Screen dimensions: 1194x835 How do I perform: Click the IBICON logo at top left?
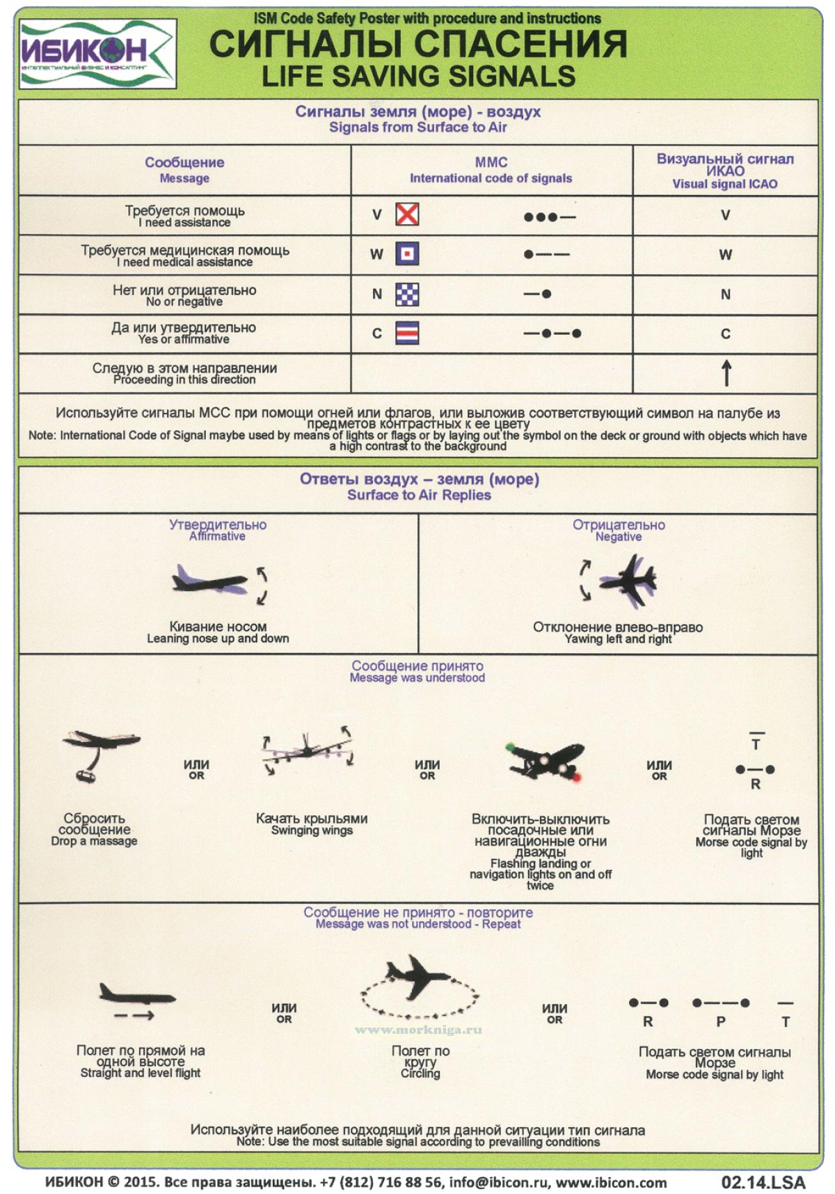click(x=97, y=53)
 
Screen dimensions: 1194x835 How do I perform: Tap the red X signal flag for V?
click(x=407, y=214)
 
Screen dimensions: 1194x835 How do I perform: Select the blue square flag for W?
click(x=407, y=254)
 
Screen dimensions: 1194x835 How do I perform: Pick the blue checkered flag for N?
click(x=407, y=294)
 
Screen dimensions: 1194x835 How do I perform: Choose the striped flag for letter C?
click(x=407, y=333)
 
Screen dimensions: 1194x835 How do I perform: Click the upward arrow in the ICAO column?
click(x=726, y=372)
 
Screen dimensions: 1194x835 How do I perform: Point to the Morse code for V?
click(x=550, y=217)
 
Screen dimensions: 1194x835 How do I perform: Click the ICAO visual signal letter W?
click(x=725, y=255)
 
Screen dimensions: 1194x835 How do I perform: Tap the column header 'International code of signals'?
click(x=491, y=178)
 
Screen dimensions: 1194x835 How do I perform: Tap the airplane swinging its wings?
click(x=308, y=752)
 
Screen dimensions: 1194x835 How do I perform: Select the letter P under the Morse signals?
click(x=721, y=1022)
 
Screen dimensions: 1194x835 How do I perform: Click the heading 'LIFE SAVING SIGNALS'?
click(x=418, y=76)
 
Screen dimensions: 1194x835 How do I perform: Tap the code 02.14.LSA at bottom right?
click(x=763, y=1182)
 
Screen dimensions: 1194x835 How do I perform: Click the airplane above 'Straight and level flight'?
click(x=136, y=994)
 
